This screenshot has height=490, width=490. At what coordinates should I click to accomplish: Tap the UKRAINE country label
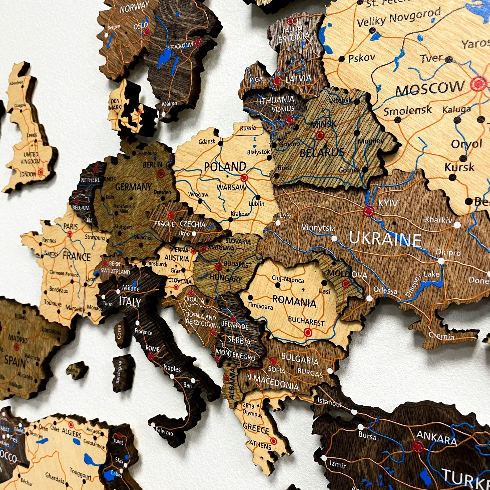tap(385, 239)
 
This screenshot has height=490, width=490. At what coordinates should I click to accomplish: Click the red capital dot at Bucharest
tap(308, 332)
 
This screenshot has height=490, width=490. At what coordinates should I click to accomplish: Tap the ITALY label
tap(130, 302)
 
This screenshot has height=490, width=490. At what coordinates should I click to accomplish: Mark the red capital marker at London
tap(41, 172)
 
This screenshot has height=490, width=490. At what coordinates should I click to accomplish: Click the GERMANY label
tap(133, 187)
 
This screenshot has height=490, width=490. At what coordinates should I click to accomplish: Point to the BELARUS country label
tap(322, 152)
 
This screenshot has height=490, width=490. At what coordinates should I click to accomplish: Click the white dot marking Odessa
tap(369, 298)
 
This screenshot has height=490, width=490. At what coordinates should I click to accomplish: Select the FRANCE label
tap(77, 256)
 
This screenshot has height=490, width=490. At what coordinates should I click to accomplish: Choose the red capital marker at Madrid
tap(16, 347)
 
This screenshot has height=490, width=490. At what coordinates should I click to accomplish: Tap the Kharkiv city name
tap(438, 220)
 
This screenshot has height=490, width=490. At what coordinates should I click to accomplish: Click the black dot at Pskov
tap(342, 59)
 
